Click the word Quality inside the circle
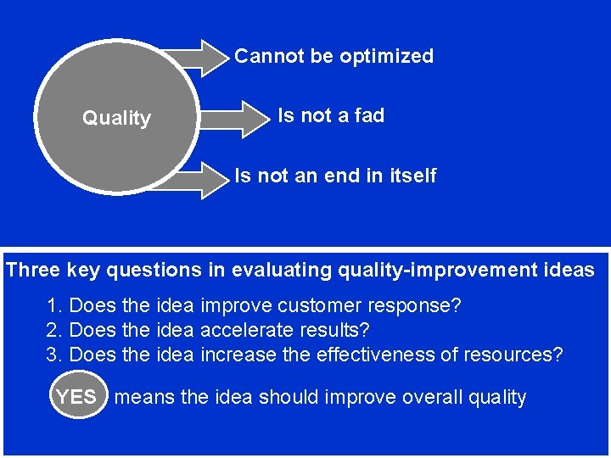[x=116, y=119]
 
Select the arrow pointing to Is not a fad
[x=238, y=119]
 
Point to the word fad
[x=369, y=116]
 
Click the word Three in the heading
[x=33, y=271]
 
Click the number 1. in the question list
[x=54, y=305]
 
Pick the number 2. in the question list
[x=54, y=330]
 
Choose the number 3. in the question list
[x=54, y=355]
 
